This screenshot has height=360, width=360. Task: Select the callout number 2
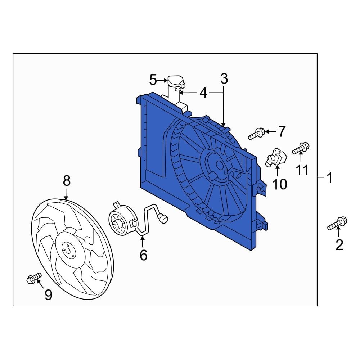(339, 245)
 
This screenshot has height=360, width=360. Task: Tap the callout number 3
(224, 78)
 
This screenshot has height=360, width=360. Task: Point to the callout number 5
(153, 80)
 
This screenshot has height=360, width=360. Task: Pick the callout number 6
(143, 255)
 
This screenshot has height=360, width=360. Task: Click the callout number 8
(67, 180)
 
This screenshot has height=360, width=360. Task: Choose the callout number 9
(48, 295)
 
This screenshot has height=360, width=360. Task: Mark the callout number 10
(279, 184)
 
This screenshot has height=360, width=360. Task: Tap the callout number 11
(302, 170)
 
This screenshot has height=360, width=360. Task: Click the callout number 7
(282, 132)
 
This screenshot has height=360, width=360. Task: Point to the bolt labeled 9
(33, 278)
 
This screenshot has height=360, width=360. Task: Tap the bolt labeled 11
(301, 148)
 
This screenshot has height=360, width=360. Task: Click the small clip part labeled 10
(276, 157)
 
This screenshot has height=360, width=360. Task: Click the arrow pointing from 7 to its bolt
(270, 132)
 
